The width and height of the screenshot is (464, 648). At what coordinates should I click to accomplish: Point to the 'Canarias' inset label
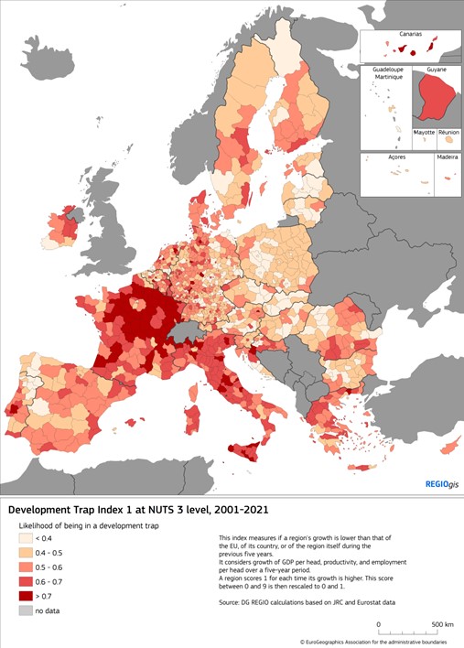coord(408,36)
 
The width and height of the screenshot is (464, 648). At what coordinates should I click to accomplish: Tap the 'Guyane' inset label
coord(436,70)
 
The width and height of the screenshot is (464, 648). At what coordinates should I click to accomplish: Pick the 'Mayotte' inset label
coord(424,133)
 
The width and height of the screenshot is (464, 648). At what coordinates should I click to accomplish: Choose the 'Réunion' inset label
coord(448,133)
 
